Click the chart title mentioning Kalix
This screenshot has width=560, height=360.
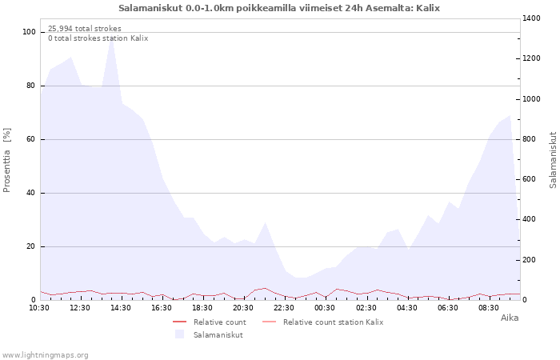pyautogui.click(x=279, y=8)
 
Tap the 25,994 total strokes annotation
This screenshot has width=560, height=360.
pyautogui.click(x=85, y=29)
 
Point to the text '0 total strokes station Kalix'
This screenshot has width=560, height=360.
pyautogui.click(x=98, y=38)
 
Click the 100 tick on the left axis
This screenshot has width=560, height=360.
pyautogui.click(x=29, y=32)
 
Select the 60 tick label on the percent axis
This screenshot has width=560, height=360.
pyautogui.click(x=30, y=139)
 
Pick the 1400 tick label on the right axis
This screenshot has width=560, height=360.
pyautogui.click(x=531, y=18)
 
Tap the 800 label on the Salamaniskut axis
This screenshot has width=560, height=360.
pyautogui.click(x=530, y=139)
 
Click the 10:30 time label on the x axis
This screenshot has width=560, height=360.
pyautogui.click(x=39, y=308)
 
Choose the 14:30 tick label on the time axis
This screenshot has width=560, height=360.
pyautogui.click(x=121, y=308)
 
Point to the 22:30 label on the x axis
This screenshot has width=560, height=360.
pyautogui.click(x=284, y=308)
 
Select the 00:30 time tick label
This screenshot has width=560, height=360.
pyautogui.click(x=325, y=308)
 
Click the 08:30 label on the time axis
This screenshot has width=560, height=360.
pyautogui.click(x=488, y=308)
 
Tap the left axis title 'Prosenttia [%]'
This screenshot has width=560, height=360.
pyautogui.click(x=6, y=160)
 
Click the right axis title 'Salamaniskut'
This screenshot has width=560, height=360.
pyautogui.click(x=553, y=160)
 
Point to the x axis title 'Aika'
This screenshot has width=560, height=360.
pyautogui.click(x=510, y=318)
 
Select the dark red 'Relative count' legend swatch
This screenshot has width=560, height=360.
pyautogui.click(x=180, y=322)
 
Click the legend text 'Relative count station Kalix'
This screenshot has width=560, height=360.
pyautogui.click(x=334, y=322)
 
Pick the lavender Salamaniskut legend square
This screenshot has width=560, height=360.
pyautogui.click(x=180, y=334)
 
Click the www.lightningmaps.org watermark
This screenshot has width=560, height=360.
pyautogui.click(x=45, y=355)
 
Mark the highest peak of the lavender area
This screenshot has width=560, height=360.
pyautogui.click(x=112, y=37)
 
